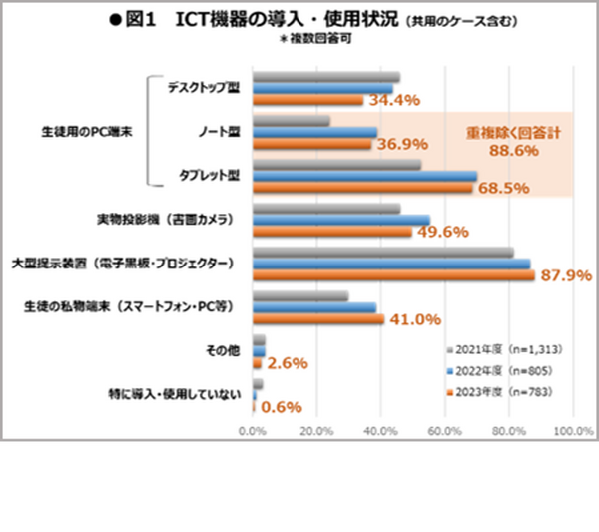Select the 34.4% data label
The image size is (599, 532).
coord(395,100)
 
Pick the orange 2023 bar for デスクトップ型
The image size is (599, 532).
coord(307,100)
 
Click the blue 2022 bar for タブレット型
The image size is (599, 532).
coord(364,177)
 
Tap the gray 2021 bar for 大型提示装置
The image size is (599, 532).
coord(383,253)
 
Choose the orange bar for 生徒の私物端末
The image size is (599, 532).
coord(318,319)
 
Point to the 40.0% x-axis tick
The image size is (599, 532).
coord(379,430)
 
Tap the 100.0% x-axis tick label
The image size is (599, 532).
coord(573,430)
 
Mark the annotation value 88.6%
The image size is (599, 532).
coord(514,151)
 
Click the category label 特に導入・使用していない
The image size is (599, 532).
coord(171,395)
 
